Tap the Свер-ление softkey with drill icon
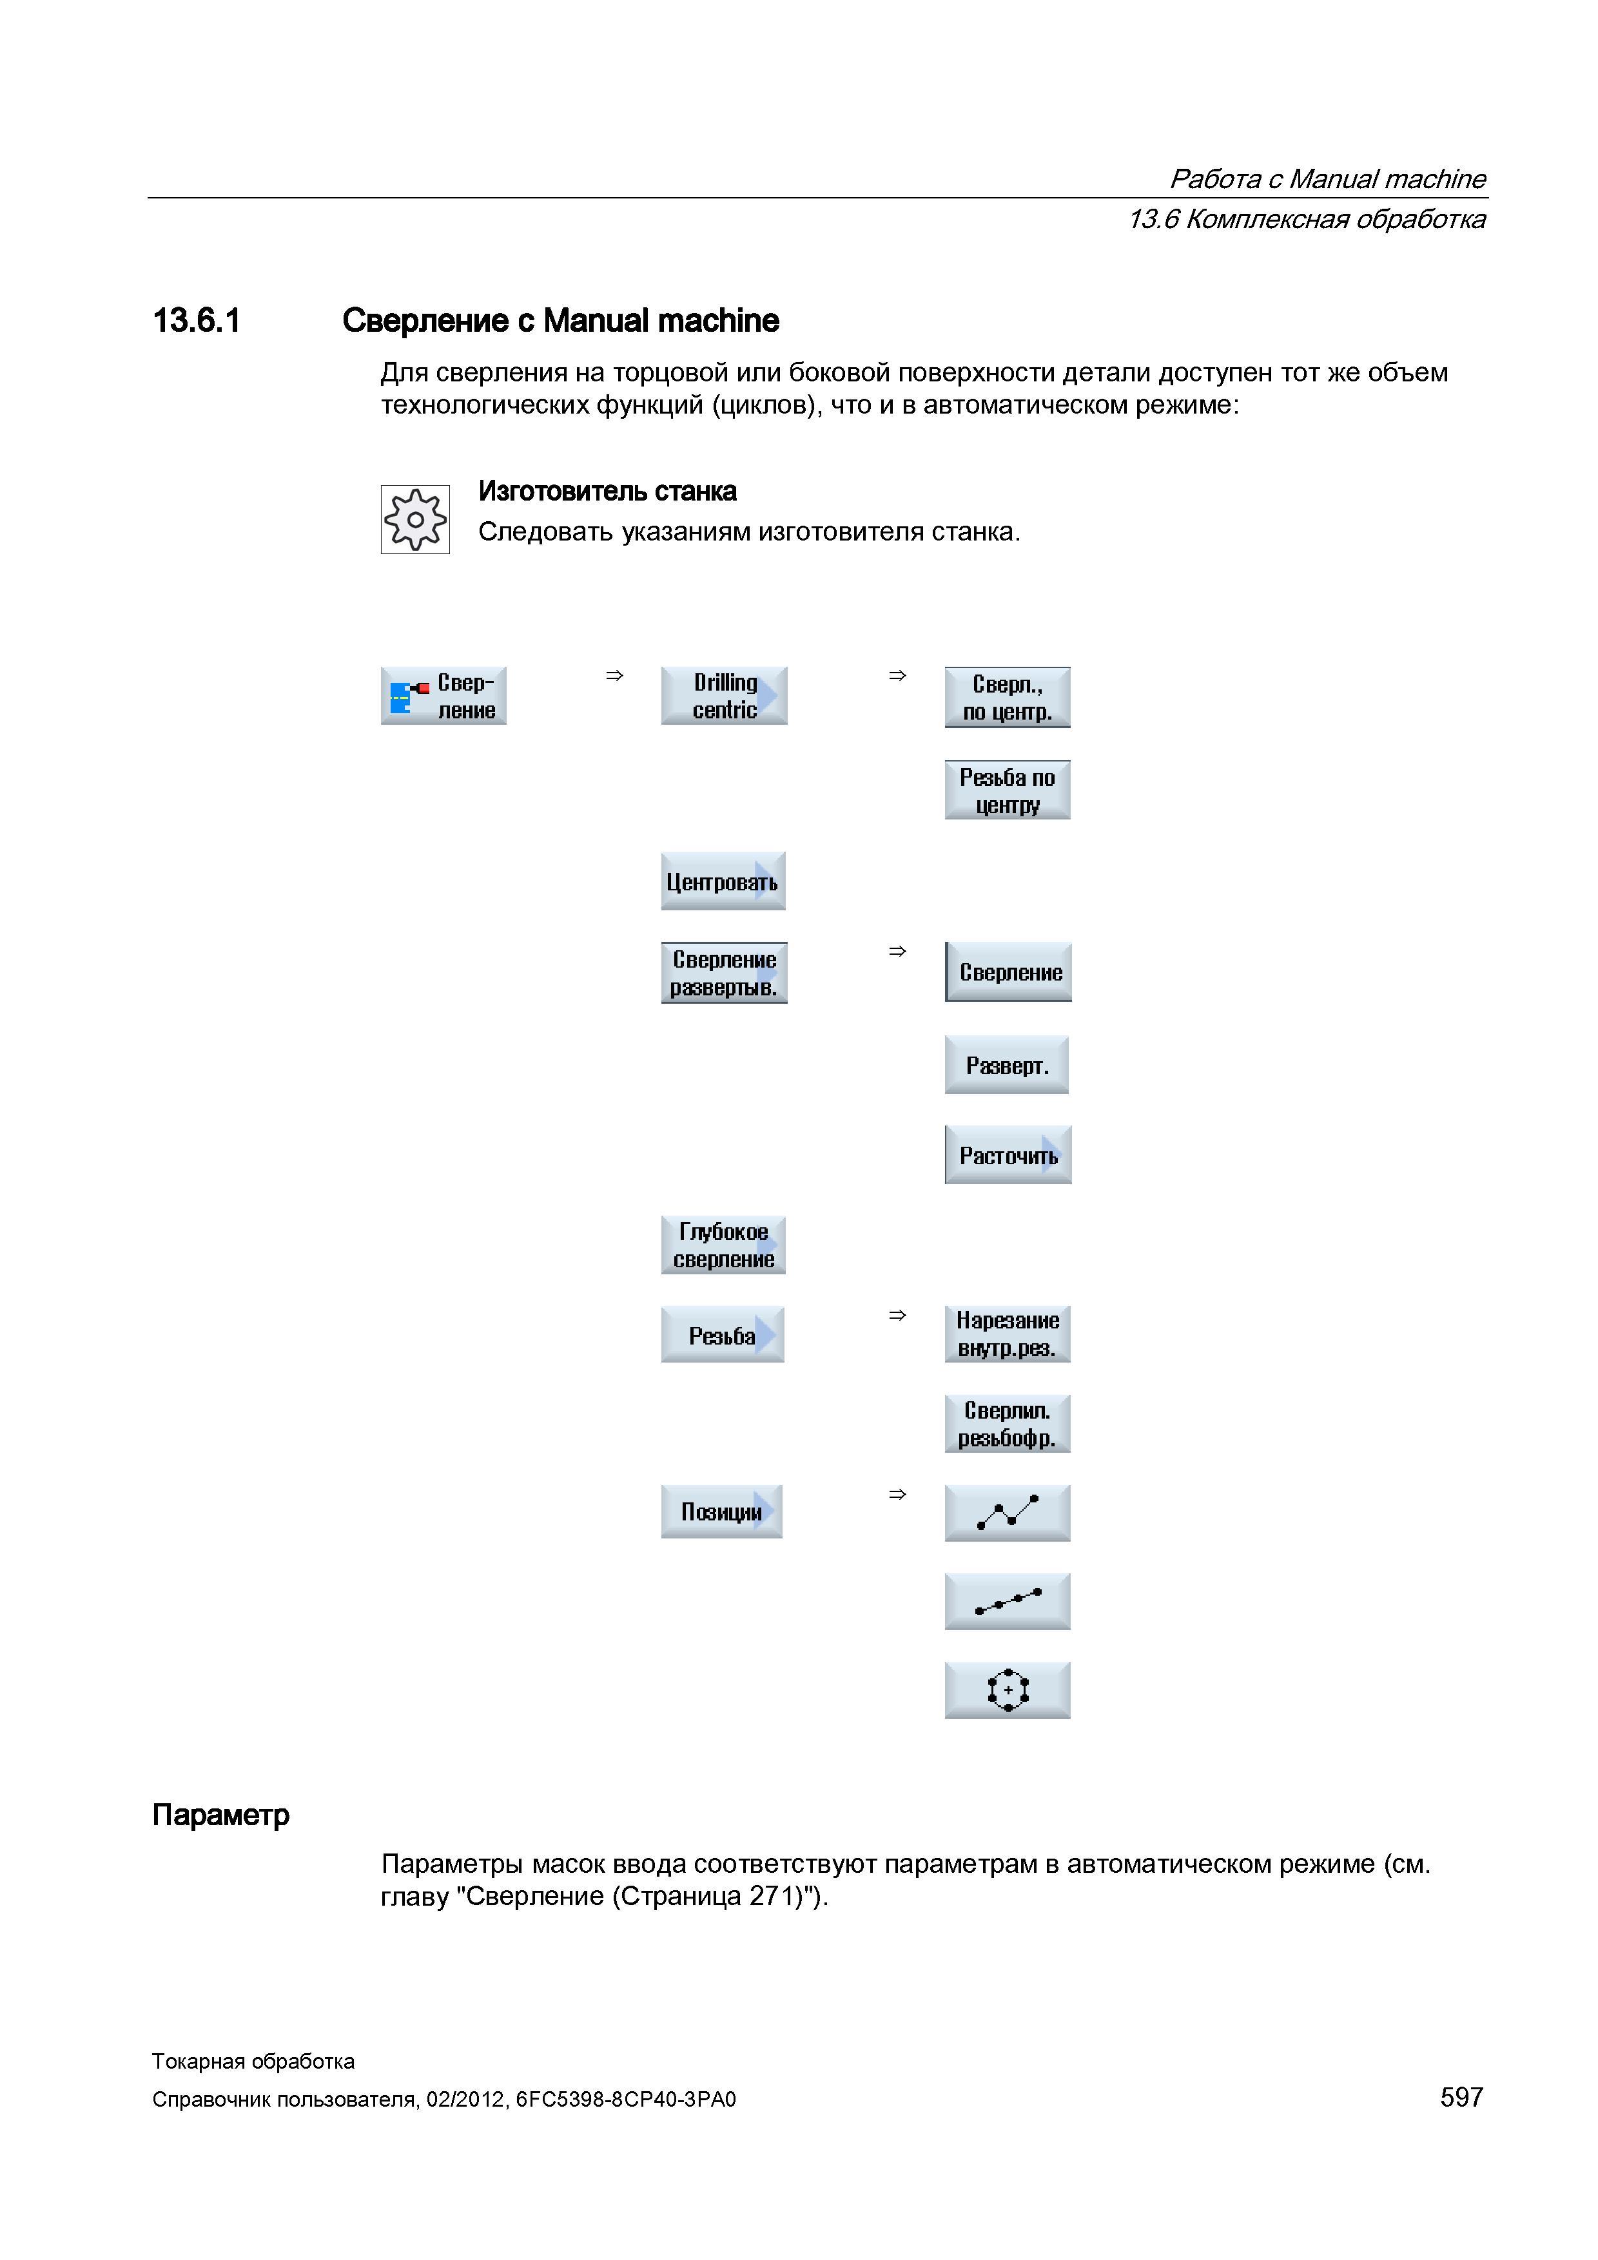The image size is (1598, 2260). [443, 696]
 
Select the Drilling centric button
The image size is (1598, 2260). [724, 696]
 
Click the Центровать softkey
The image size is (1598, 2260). [723, 881]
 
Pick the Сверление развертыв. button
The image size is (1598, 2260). [724, 973]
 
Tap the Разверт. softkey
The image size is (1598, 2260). [1006, 1064]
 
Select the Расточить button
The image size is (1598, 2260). [1008, 1154]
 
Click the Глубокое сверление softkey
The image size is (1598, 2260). [723, 1245]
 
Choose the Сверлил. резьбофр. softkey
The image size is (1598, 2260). [1008, 1423]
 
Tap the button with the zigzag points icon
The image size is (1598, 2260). [1008, 1513]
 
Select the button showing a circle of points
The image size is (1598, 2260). [1008, 1690]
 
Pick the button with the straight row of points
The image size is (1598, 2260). [1008, 1602]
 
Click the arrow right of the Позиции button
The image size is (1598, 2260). [897, 1494]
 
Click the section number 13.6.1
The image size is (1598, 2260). [197, 321]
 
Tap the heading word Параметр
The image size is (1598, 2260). [220, 1815]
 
